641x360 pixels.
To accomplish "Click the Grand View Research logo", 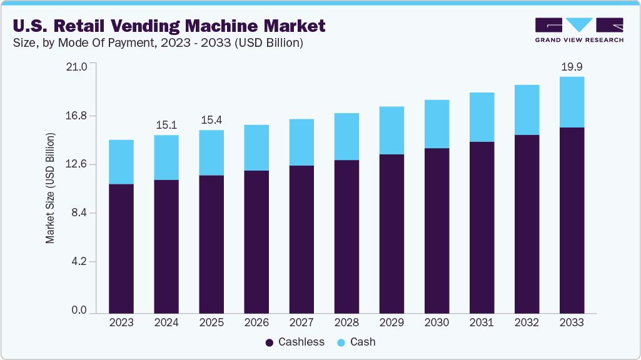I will [579, 30].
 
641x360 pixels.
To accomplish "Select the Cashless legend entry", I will [295, 342].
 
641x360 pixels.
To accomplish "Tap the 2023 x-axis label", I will [121, 322].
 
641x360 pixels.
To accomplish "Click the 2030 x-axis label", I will [437, 322].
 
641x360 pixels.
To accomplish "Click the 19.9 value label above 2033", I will [572, 67].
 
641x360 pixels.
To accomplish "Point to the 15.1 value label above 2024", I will [166, 125].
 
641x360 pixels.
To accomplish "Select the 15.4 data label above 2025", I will [211, 120].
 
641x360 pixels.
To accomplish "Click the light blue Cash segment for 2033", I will [572, 102].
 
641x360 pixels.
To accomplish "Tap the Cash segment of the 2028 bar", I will [346, 136].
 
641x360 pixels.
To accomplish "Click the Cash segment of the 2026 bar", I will [256, 147].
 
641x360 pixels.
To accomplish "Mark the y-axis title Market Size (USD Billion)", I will [50, 188].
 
